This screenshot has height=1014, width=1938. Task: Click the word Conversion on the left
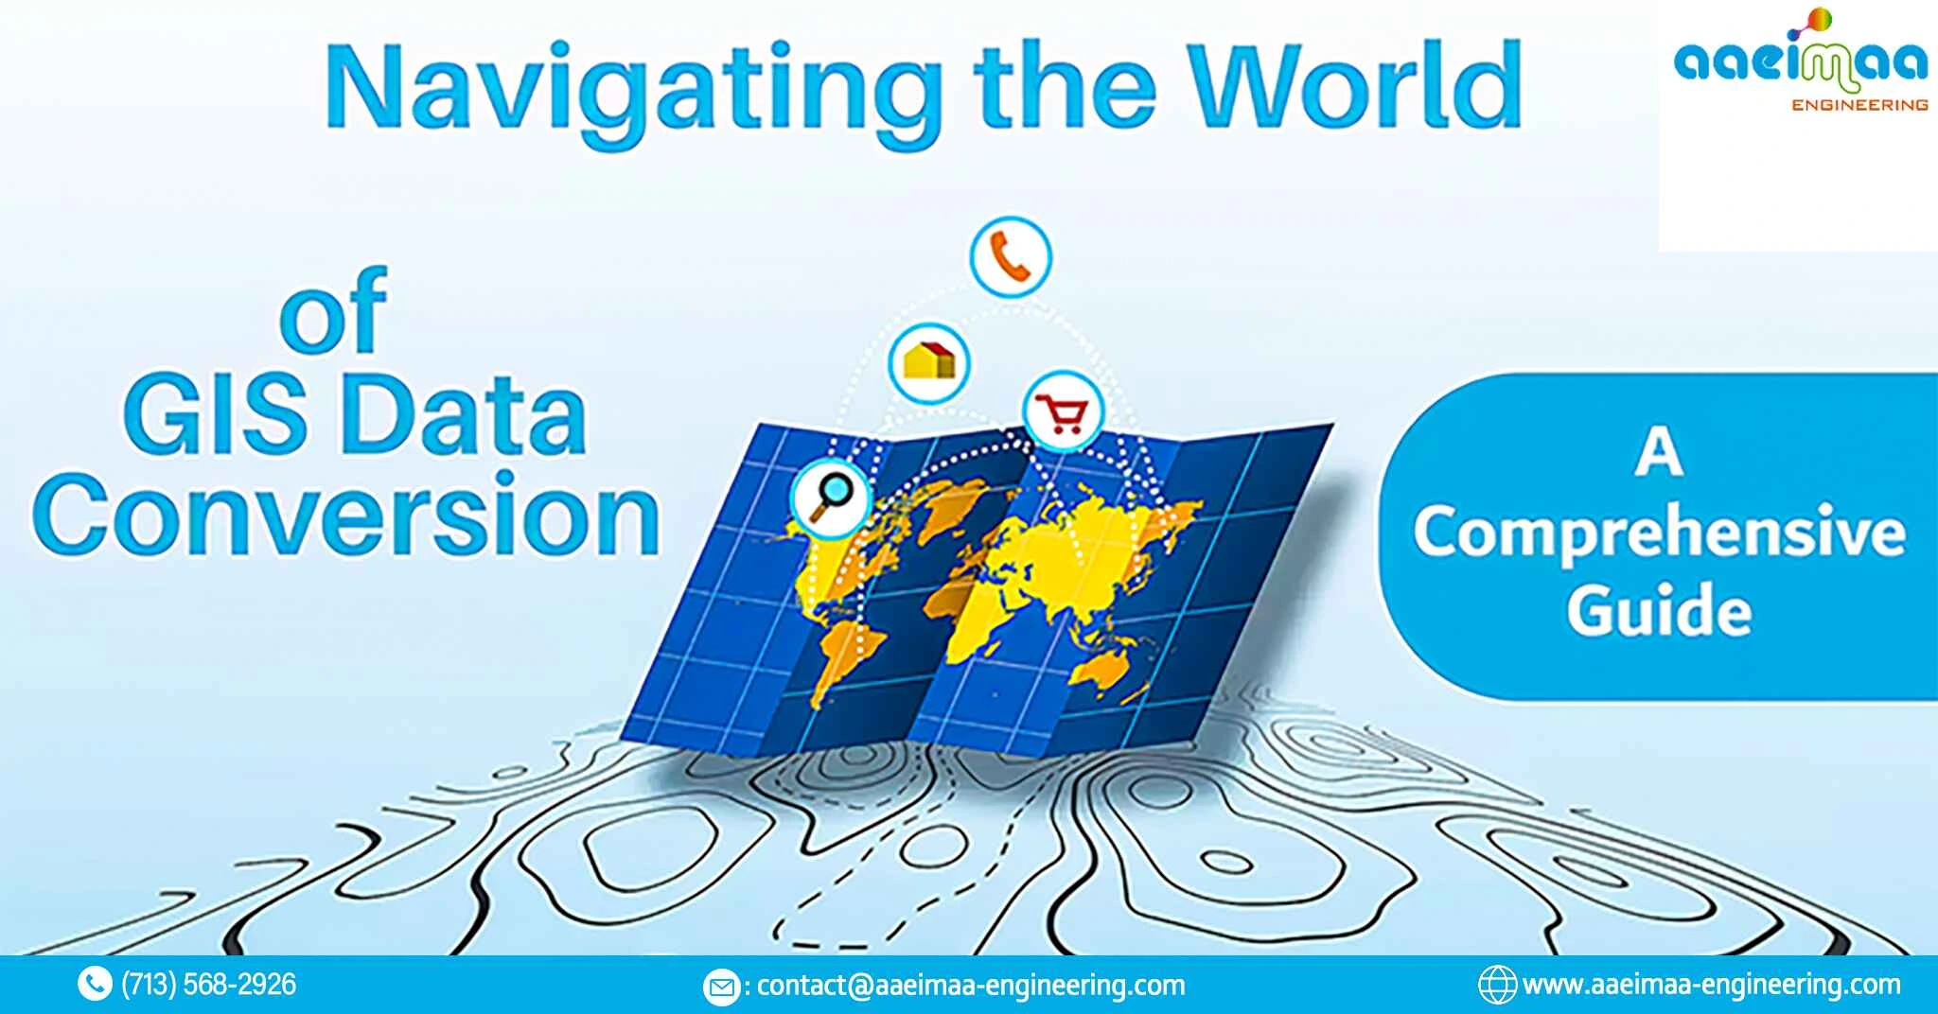(346, 516)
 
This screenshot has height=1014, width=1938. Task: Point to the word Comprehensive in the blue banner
(1659, 532)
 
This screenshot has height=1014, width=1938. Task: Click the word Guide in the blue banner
(1659, 610)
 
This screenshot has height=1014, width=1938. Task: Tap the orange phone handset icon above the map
(1010, 256)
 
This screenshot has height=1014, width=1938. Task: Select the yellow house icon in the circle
(929, 361)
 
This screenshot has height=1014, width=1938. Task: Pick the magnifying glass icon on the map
(832, 495)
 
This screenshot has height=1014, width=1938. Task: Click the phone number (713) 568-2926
(209, 985)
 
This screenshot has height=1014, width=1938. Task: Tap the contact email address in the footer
(971, 986)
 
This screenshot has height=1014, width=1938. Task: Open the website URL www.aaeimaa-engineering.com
(1711, 985)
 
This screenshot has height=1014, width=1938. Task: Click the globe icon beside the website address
(1497, 985)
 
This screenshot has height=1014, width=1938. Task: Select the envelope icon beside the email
(722, 987)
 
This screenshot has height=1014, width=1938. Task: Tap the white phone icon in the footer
(94, 985)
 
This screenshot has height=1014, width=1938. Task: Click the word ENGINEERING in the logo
(1859, 105)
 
